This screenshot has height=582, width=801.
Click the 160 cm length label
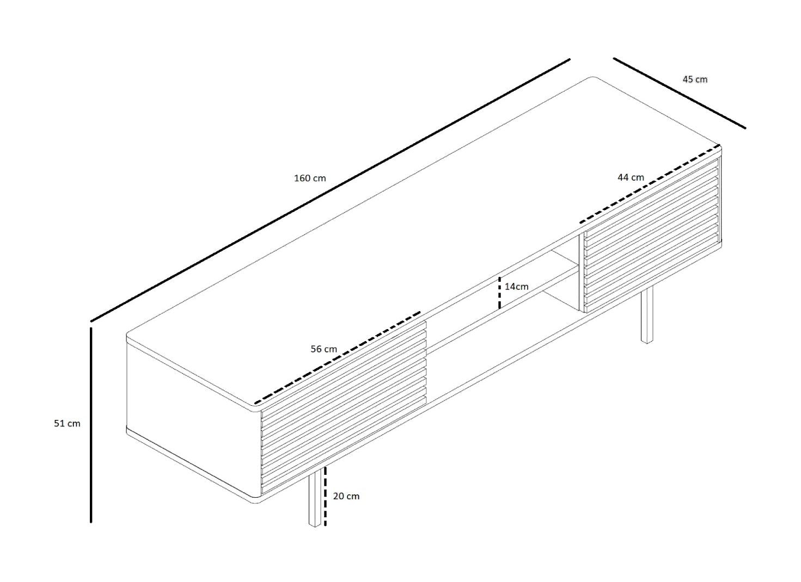(x=310, y=178)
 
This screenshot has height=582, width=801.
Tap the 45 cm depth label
(x=695, y=79)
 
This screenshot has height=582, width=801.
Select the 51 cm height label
(x=67, y=423)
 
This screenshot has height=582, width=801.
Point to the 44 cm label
(x=631, y=177)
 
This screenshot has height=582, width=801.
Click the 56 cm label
(x=323, y=349)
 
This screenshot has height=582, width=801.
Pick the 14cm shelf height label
(x=516, y=286)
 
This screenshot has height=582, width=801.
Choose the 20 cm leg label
(x=346, y=496)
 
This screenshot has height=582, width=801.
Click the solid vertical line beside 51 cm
(x=91, y=424)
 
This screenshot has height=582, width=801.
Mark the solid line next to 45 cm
(x=679, y=93)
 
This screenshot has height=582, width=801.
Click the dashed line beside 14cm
(x=500, y=293)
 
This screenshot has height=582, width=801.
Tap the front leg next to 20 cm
(x=314, y=499)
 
